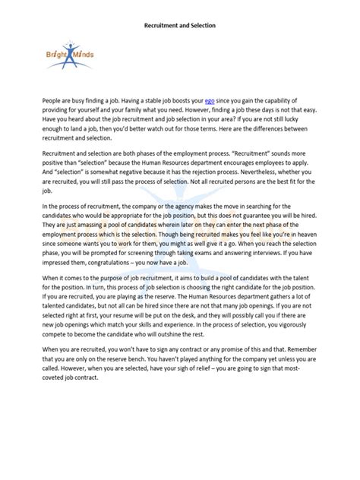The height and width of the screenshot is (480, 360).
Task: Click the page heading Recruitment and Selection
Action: click(x=180, y=25)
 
